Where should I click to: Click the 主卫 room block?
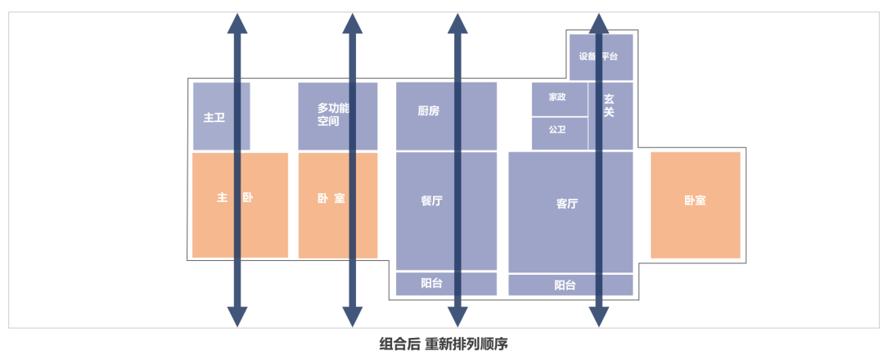214,117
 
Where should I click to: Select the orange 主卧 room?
240,205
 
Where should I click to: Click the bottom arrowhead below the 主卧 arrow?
237,317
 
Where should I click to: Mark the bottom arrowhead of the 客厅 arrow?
600,317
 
